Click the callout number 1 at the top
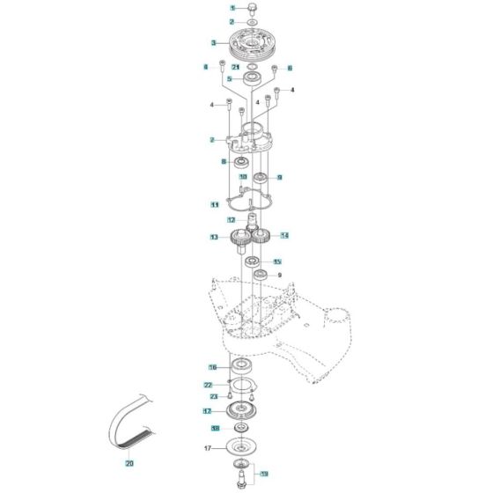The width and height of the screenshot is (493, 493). pyautogui.click(x=210, y=7)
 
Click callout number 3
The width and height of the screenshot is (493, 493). pyautogui.click(x=213, y=42)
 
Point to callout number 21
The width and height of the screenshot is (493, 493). pyautogui.click(x=235, y=67)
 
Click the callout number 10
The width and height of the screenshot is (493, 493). pyautogui.click(x=218, y=177)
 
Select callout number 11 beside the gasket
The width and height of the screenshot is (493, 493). pyautogui.click(x=214, y=204)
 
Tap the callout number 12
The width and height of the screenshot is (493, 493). pyautogui.click(x=231, y=219)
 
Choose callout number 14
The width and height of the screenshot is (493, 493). pyautogui.click(x=284, y=235)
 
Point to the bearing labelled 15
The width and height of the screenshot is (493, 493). pyautogui.click(x=252, y=262)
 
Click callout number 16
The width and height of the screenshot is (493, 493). pyautogui.click(x=212, y=366)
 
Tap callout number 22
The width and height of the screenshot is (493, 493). pyautogui.click(x=209, y=385)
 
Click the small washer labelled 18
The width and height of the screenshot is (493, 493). pyautogui.click(x=240, y=430)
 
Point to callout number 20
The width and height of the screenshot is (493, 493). pyautogui.click(x=129, y=463)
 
